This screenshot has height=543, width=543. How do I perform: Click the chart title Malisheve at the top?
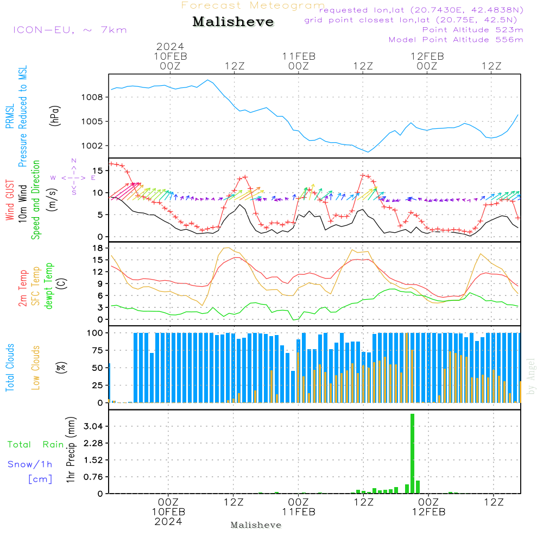(233, 22)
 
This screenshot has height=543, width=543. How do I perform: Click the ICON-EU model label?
(70, 30)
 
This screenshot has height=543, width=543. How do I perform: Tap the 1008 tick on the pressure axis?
(93, 97)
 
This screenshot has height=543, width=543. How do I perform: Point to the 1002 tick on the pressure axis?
(93, 146)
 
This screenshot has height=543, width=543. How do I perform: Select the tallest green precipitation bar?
(412, 453)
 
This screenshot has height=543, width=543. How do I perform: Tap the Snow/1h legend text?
(30, 465)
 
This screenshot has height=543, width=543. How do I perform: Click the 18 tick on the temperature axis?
(97, 248)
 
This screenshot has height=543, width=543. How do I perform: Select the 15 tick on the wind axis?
(97, 171)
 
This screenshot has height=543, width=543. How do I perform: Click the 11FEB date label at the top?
(299, 56)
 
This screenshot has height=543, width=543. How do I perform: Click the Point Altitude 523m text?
(472, 30)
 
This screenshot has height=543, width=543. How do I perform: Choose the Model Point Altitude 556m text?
(456, 40)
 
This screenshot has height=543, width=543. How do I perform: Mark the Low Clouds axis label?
(36, 367)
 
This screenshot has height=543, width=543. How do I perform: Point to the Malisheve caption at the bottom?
(256, 525)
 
